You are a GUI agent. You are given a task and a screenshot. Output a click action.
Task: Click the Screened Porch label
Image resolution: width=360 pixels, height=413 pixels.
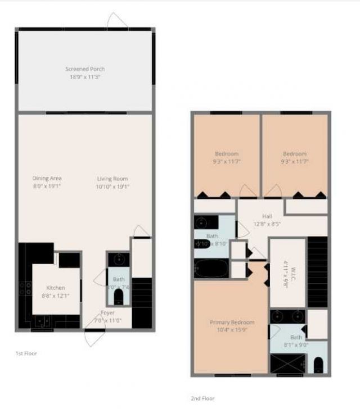(85, 69)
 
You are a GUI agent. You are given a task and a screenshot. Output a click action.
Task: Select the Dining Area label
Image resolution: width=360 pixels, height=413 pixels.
(47, 179)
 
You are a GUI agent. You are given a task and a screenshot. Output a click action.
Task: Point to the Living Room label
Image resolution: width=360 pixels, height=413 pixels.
(111, 179)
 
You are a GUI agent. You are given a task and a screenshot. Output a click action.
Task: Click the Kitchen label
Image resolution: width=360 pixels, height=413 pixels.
(55, 288)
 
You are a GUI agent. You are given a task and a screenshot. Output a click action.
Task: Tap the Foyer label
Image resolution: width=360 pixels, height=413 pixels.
(107, 313)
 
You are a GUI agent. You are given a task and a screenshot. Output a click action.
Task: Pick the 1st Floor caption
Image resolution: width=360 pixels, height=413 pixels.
(26, 353)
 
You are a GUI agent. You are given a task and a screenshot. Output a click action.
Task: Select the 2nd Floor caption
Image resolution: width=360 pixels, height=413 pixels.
(202, 398)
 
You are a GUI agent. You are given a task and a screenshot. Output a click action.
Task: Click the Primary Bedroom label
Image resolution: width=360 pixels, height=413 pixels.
(232, 323)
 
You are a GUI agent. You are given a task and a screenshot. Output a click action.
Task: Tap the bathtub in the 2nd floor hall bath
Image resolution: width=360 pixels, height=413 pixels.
(211, 268)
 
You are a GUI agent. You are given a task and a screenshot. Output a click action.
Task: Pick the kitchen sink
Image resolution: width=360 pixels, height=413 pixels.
(42, 321)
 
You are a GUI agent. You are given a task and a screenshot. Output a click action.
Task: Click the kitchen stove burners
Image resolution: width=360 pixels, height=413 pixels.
(25, 288)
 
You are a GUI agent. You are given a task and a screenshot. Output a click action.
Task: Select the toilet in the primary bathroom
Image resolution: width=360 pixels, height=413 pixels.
(318, 365)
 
